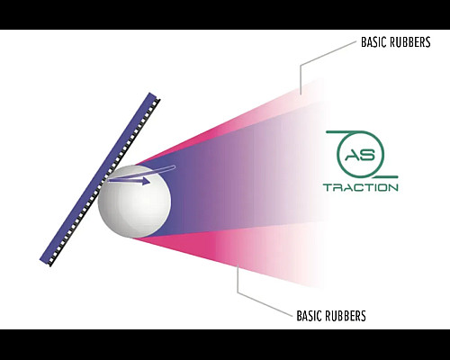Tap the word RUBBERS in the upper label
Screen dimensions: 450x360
pos(409,42)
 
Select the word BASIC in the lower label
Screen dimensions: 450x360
pos(308,316)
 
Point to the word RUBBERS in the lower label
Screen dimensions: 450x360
pos(344,316)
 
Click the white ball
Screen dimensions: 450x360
pos(134,202)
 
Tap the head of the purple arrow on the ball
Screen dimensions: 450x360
pos(146,181)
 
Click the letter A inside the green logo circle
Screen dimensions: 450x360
pos(353,155)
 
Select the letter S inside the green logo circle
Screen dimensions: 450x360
pos(368,155)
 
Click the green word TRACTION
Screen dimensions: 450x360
pos(361,188)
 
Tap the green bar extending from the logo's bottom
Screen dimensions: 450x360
pos(380,177)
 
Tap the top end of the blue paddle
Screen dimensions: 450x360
pos(153,96)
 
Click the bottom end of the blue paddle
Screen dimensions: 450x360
pos(46,262)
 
